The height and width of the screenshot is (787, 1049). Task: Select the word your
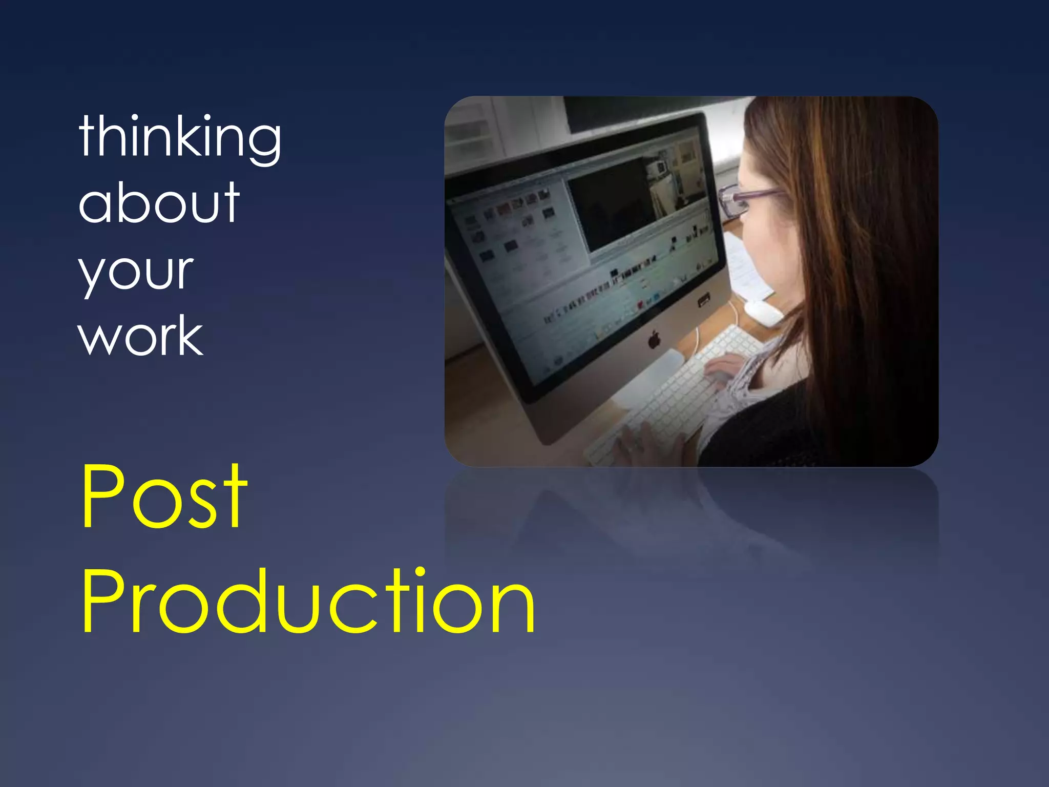tap(136, 272)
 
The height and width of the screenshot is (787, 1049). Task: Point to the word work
tap(141, 336)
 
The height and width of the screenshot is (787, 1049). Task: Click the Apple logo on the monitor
tap(654, 340)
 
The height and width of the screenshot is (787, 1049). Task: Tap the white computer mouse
tap(763, 312)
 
